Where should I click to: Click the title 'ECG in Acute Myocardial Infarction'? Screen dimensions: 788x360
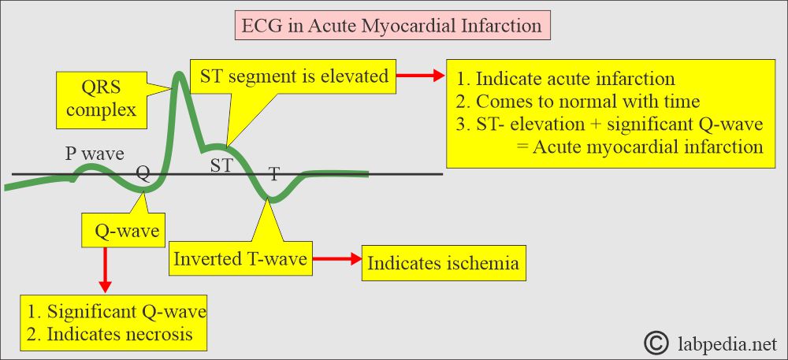click(392, 26)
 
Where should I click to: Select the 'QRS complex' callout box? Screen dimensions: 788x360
click(102, 99)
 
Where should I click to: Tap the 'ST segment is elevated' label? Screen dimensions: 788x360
click(294, 76)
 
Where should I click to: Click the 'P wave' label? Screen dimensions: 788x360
click(95, 154)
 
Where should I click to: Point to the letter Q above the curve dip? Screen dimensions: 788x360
click(143, 174)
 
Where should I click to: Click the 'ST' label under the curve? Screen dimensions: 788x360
click(221, 165)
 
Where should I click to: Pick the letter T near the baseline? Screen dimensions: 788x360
click(274, 174)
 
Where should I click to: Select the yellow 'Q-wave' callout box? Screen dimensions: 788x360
click(123, 232)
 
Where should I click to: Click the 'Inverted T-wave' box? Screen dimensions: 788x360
click(240, 259)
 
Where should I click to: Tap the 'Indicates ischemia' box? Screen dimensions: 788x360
click(444, 263)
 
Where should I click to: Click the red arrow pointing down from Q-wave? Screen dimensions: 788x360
click(105, 269)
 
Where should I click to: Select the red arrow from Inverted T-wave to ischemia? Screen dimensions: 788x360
click(336, 259)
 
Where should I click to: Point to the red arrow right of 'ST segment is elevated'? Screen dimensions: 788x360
click(421, 76)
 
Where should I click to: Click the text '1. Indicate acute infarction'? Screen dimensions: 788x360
click(566, 80)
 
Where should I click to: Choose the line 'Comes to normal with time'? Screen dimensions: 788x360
click(588, 102)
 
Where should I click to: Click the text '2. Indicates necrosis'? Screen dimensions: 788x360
click(110, 334)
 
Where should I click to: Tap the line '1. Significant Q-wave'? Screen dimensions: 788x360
click(117, 311)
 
